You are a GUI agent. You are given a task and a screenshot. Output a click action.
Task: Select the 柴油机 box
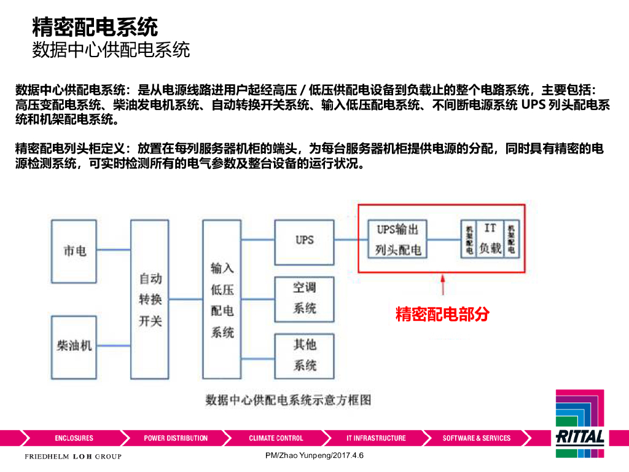click(74, 346)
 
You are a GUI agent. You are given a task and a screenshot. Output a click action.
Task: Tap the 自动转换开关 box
click(149, 299)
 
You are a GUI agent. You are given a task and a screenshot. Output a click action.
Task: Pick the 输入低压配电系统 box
click(222, 299)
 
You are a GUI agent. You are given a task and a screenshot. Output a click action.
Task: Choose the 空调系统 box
click(304, 297)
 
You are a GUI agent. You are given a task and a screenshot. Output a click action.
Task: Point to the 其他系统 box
click(304, 355)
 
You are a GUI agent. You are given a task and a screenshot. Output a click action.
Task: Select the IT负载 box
click(490, 239)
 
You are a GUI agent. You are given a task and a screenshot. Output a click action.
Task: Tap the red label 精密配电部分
click(442, 314)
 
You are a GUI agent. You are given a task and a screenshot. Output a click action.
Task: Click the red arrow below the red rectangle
click(442, 286)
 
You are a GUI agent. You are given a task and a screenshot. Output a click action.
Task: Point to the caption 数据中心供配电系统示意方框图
click(288, 400)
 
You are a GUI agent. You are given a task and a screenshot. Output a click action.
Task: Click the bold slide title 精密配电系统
click(95, 27)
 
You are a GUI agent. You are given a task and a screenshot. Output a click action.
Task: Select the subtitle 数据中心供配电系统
click(111, 50)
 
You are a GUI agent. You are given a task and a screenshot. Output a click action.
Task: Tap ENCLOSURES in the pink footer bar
click(74, 438)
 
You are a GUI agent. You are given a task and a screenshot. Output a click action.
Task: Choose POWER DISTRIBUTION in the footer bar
click(176, 438)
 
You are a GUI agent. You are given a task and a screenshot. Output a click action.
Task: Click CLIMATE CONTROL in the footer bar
click(276, 438)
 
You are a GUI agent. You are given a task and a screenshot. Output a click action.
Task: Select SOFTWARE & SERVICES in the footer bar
click(476, 438)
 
